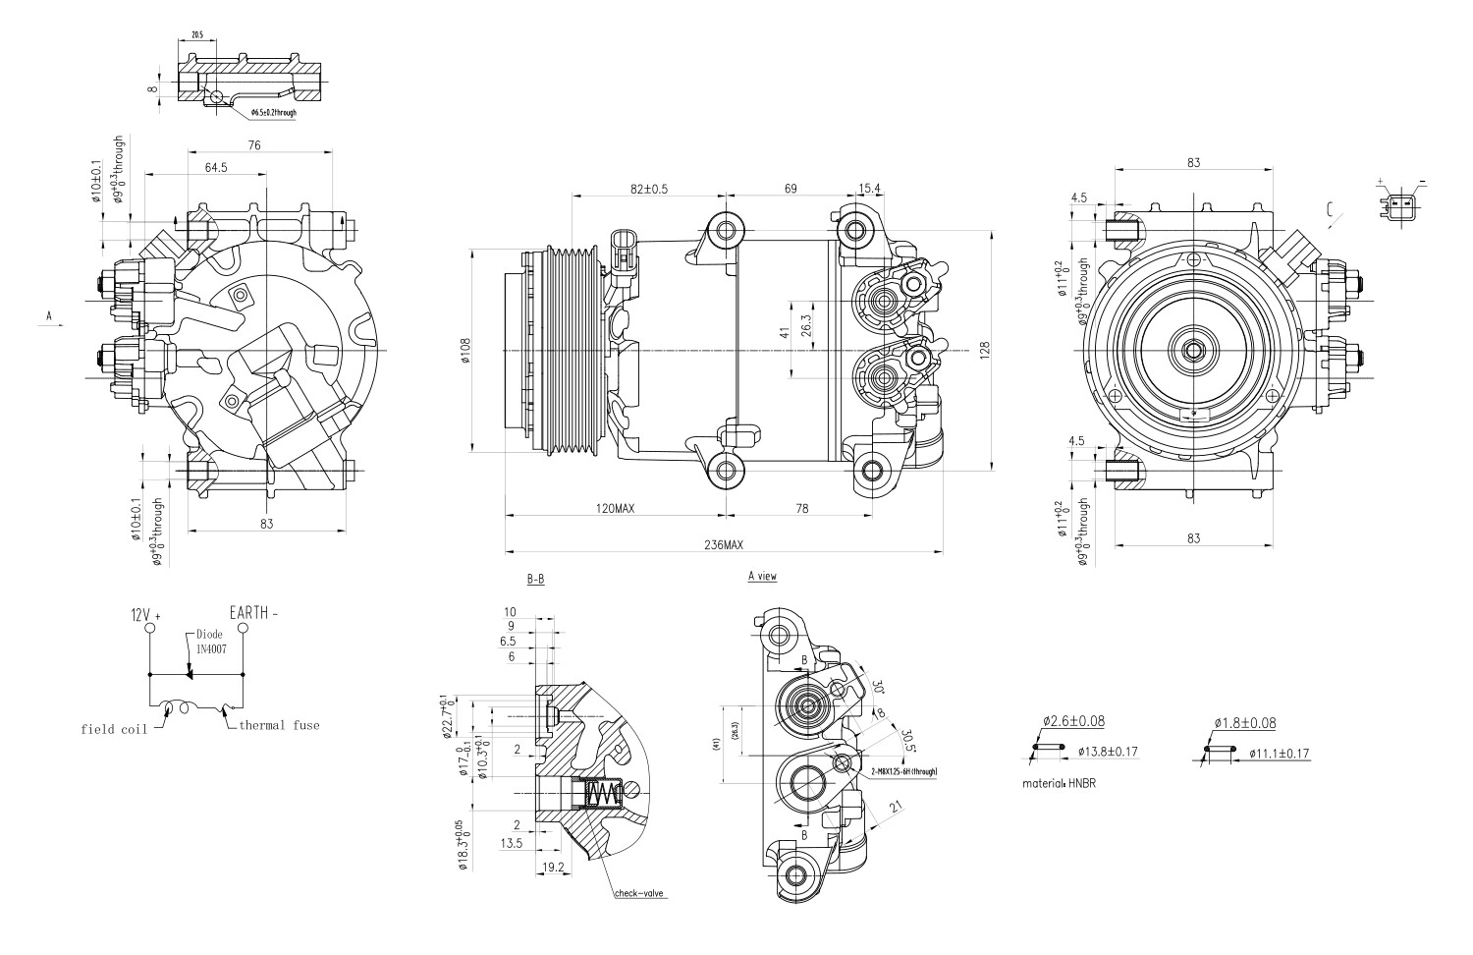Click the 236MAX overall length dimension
tap(722, 544)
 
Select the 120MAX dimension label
tap(616, 509)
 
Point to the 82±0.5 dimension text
tap(648, 189)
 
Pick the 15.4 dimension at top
tap(869, 189)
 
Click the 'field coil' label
tap(114, 729)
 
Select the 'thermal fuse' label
tap(279, 725)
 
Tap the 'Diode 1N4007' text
tap(209, 642)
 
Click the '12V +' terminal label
tap(145, 614)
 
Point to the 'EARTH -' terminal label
tap(253, 612)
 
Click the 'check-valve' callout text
tap(639, 894)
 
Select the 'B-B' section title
tap(535, 580)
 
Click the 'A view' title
tap(761, 576)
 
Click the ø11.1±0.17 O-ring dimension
tap(1280, 754)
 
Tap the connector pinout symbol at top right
tap(1401, 205)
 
